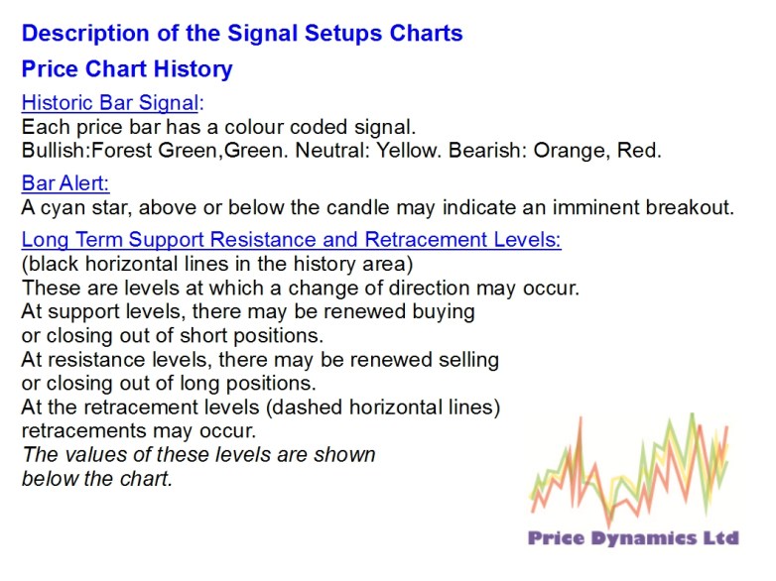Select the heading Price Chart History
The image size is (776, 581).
click(x=127, y=69)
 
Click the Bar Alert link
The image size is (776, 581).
click(x=65, y=183)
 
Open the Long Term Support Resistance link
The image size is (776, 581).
click(x=291, y=240)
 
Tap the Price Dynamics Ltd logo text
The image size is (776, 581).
click(x=633, y=538)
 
